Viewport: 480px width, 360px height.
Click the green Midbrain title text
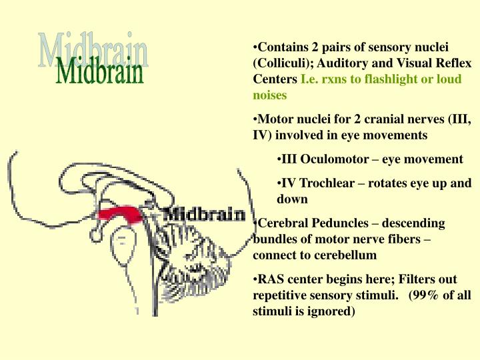pyautogui.click(x=100, y=73)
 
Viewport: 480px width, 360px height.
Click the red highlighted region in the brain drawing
pyautogui.click(x=121, y=213)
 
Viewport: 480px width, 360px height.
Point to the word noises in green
pyautogui.click(x=270, y=95)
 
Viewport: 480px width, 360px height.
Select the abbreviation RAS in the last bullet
pyautogui.click(x=270, y=279)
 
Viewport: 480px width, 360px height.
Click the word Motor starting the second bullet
pyautogui.click(x=273, y=120)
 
